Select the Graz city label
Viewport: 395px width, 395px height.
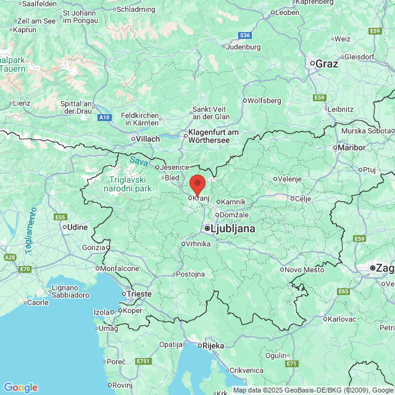tap(326, 64)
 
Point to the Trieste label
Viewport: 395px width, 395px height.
tap(138, 294)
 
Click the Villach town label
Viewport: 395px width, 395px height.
tap(147, 139)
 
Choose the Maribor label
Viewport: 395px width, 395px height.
tap(351, 148)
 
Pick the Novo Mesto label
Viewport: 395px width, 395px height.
tap(304, 270)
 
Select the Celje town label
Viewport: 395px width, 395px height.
tap(302, 199)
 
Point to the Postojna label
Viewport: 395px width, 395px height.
tap(189, 274)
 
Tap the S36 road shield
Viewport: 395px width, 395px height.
tap(246, 35)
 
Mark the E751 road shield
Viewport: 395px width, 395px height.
tap(144, 360)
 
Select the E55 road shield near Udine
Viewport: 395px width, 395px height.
tap(60, 217)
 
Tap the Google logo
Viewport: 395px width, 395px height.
tap(20, 388)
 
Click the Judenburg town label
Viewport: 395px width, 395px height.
tap(244, 47)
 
